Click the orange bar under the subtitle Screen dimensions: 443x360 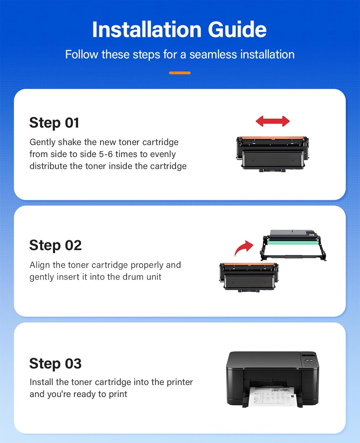[180, 73]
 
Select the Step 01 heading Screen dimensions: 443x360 [54, 123]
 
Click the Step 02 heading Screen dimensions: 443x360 [55, 245]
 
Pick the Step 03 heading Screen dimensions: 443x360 [55, 364]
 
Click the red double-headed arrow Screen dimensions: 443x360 [273, 121]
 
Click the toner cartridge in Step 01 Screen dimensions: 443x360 [272, 154]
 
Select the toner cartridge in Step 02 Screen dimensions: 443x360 [249, 277]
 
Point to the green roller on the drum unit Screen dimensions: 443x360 [292, 245]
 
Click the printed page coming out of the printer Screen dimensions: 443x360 [272, 396]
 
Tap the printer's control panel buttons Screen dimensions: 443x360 [309, 362]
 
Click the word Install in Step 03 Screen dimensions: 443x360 [41, 382]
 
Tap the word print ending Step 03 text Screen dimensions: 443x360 [118, 394]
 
